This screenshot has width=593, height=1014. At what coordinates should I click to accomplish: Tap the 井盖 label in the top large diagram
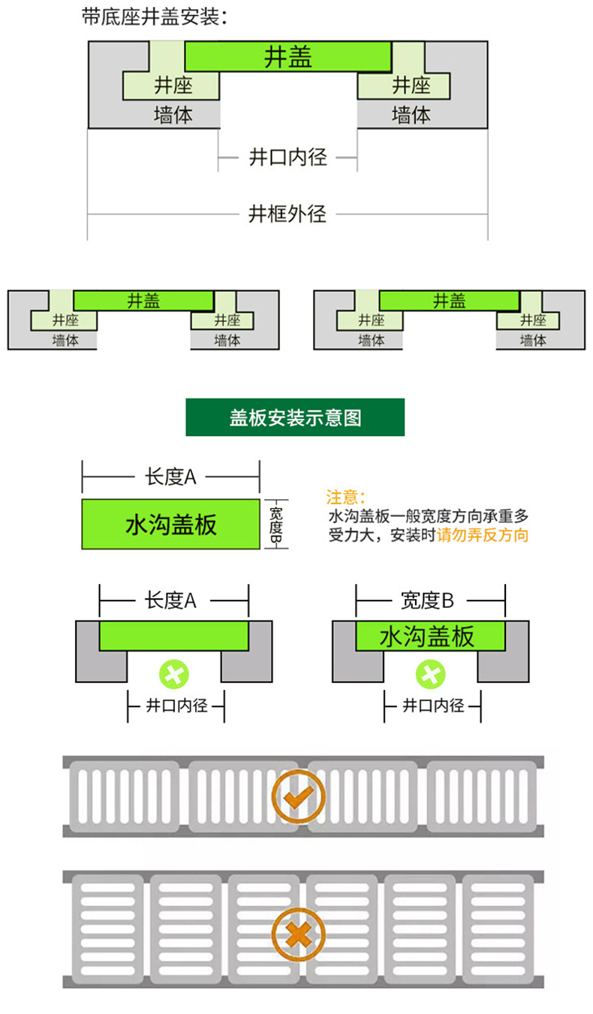(288, 57)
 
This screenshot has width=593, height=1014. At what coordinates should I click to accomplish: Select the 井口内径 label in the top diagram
(288, 158)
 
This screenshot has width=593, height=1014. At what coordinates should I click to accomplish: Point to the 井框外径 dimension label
(287, 214)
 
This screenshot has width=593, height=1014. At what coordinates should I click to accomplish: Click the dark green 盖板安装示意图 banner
(295, 417)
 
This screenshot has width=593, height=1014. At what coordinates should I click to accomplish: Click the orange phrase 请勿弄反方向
(483, 535)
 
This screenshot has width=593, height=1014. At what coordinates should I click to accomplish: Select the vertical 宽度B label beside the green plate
(275, 525)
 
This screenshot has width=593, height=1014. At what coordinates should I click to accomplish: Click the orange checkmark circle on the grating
(298, 796)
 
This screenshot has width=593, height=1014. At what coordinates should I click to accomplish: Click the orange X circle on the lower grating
(298, 934)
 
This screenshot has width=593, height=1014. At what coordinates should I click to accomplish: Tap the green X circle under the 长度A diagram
(174, 675)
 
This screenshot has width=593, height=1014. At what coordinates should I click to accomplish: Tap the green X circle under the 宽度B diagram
(431, 675)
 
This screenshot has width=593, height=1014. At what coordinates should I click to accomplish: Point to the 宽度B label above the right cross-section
(427, 600)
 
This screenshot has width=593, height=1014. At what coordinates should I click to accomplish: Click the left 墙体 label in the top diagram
(173, 115)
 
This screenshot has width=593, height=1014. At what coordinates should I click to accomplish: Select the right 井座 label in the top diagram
(411, 86)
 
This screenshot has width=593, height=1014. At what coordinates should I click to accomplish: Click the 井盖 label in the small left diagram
(143, 300)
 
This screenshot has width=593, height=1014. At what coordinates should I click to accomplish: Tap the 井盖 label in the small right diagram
(449, 300)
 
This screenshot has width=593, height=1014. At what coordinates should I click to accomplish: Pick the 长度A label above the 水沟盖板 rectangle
(170, 477)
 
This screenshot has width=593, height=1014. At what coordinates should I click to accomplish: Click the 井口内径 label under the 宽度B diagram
(433, 706)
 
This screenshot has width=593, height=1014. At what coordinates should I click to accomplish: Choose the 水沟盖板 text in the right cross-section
(427, 636)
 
